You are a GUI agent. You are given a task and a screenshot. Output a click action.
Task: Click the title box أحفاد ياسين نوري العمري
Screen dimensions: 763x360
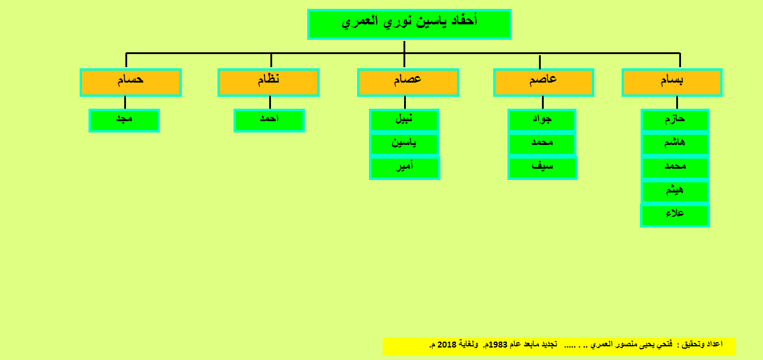[x=409, y=24]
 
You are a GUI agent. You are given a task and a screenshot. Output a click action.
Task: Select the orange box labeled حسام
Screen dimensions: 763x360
[x=131, y=83]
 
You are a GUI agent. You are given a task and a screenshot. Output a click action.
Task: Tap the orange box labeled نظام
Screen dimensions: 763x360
[x=269, y=83]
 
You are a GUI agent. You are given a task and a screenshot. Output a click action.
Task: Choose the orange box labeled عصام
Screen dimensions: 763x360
[x=408, y=83]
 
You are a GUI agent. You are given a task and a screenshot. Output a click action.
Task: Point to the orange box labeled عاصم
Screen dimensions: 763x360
[x=544, y=83]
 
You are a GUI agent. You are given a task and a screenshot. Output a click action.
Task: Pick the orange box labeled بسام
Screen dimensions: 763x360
[x=672, y=83]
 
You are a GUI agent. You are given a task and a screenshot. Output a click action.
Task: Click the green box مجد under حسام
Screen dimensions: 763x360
[x=124, y=120]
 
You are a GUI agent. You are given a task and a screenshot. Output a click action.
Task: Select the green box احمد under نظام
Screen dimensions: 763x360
[x=269, y=120]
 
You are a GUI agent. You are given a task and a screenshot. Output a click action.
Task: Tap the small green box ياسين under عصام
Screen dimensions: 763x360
[x=404, y=144]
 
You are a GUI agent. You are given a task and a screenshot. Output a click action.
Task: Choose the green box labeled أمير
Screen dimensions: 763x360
[x=405, y=168]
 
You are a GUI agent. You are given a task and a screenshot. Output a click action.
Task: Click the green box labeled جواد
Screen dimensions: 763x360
[x=542, y=120]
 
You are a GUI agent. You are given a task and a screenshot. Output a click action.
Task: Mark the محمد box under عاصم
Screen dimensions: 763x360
[x=542, y=144]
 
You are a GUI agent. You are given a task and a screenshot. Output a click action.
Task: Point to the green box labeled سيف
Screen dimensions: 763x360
[x=543, y=168]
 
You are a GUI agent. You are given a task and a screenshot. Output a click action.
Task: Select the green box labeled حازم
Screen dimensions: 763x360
[x=675, y=120]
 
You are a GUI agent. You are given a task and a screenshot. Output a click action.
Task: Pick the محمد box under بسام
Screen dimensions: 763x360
[x=675, y=168]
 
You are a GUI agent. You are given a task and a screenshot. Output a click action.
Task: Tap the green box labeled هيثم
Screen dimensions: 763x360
[x=675, y=191]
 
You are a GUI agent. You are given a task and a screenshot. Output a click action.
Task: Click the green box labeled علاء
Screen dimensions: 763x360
[x=675, y=215]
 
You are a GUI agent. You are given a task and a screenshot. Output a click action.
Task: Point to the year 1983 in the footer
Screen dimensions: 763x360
[x=498, y=345]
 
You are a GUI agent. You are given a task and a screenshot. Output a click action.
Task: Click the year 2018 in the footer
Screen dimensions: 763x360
[x=446, y=345]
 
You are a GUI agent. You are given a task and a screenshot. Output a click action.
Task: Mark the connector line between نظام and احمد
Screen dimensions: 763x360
[x=270, y=103]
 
